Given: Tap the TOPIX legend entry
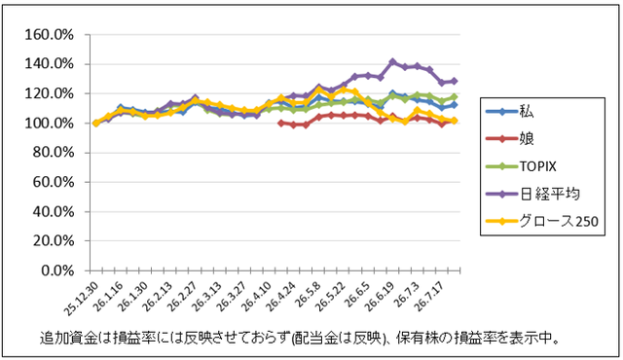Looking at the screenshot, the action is (522, 166).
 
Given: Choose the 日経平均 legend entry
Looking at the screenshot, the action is (532, 194).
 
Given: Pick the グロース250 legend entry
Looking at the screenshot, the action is (542, 221).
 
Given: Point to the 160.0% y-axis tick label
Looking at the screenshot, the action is (50, 35).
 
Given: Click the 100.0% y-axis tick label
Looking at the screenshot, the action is (50, 123).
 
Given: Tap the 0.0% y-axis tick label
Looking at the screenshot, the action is (57, 270).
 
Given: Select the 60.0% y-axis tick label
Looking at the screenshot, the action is (54, 182).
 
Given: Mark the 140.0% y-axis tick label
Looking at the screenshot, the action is (50, 64).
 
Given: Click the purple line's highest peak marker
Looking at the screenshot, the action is (393, 62).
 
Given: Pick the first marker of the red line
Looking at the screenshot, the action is (281, 123).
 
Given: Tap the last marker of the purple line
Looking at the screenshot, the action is (455, 81).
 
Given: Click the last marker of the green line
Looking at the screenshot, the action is (455, 97).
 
